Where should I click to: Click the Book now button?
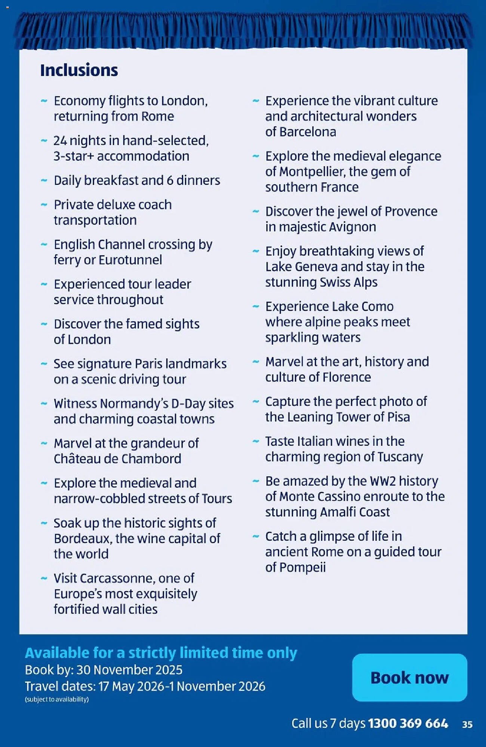pos(409,677)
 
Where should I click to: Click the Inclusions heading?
pos(79,70)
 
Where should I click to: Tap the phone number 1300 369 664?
pos(408,723)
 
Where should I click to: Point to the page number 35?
pos(467,725)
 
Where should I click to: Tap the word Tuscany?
pos(400,457)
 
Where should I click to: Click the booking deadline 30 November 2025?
pos(129,670)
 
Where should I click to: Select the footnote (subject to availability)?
pos(57,699)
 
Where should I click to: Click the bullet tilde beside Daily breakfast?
pos(44,180)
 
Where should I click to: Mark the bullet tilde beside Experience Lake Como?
pos(256,307)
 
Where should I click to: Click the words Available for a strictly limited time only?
pos(161,653)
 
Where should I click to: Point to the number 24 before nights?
pos(60,141)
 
